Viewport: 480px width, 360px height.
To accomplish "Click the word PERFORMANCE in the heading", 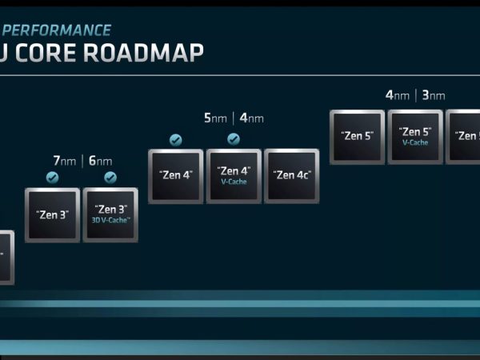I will (x=58, y=31).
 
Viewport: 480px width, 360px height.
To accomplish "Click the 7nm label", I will (x=64, y=161).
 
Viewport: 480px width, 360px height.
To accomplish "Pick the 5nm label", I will (x=215, y=118).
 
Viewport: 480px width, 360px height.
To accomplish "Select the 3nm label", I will (x=433, y=95).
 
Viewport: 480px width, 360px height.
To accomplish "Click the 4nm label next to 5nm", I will (x=251, y=118).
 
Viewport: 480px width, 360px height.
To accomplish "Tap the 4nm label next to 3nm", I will (x=397, y=95).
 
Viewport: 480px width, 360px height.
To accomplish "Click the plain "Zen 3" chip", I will (x=53, y=215).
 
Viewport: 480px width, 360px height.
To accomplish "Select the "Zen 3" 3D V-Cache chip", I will (x=110, y=215).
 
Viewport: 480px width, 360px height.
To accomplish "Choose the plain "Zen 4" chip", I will (x=176, y=176).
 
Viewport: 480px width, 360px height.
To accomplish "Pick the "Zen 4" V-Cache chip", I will (x=234, y=176).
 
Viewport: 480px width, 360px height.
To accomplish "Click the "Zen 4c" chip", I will (x=292, y=176).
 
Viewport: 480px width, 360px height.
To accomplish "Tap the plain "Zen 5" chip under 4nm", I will (x=357, y=137).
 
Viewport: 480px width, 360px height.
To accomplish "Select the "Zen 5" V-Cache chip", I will (x=415, y=137).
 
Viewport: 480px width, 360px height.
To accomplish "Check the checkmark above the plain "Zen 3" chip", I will (x=53, y=178).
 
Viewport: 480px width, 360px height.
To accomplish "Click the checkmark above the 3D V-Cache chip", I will (x=110, y=178).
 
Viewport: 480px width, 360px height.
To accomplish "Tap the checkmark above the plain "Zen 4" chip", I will (x=176, y=139).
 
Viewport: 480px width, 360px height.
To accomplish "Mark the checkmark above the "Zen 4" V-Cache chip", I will (x=234, y=139).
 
